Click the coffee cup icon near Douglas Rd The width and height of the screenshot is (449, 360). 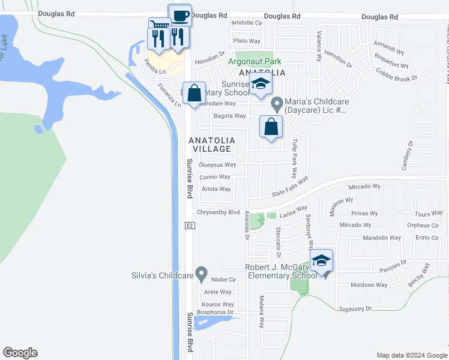[x=181, y=15]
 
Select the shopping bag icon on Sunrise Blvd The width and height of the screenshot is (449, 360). [x=194, y=93]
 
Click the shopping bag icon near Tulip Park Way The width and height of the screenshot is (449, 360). [x=271, y=127]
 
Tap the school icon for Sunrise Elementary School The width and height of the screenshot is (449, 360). [x=261, y=85]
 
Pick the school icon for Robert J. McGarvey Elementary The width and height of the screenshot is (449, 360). [x=321, y=260]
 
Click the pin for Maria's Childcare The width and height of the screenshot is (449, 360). [x=277, y=104]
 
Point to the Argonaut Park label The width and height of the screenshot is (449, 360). [x=255, y=62]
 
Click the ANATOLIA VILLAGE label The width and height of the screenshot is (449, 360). [x=210, y=144]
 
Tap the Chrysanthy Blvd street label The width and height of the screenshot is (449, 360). [x=217, y=212]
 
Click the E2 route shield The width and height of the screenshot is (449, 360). [x=188, y=225]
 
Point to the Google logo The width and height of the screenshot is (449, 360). [x=20, y=353]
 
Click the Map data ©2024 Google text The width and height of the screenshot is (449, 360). [x=411, y=355]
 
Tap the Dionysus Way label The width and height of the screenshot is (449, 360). [x=217, y=164]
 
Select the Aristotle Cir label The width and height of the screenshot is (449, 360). [x=247, y=23]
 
